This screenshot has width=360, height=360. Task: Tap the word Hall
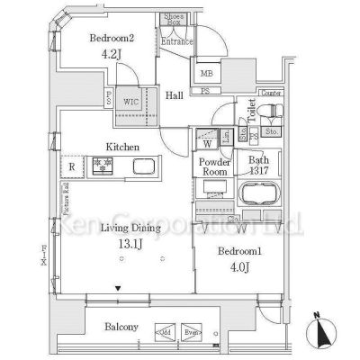[175, 99]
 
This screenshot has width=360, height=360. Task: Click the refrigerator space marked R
[71, 166]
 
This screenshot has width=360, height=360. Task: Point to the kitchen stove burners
[102, 166]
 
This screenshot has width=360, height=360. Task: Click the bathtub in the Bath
[261, 194]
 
